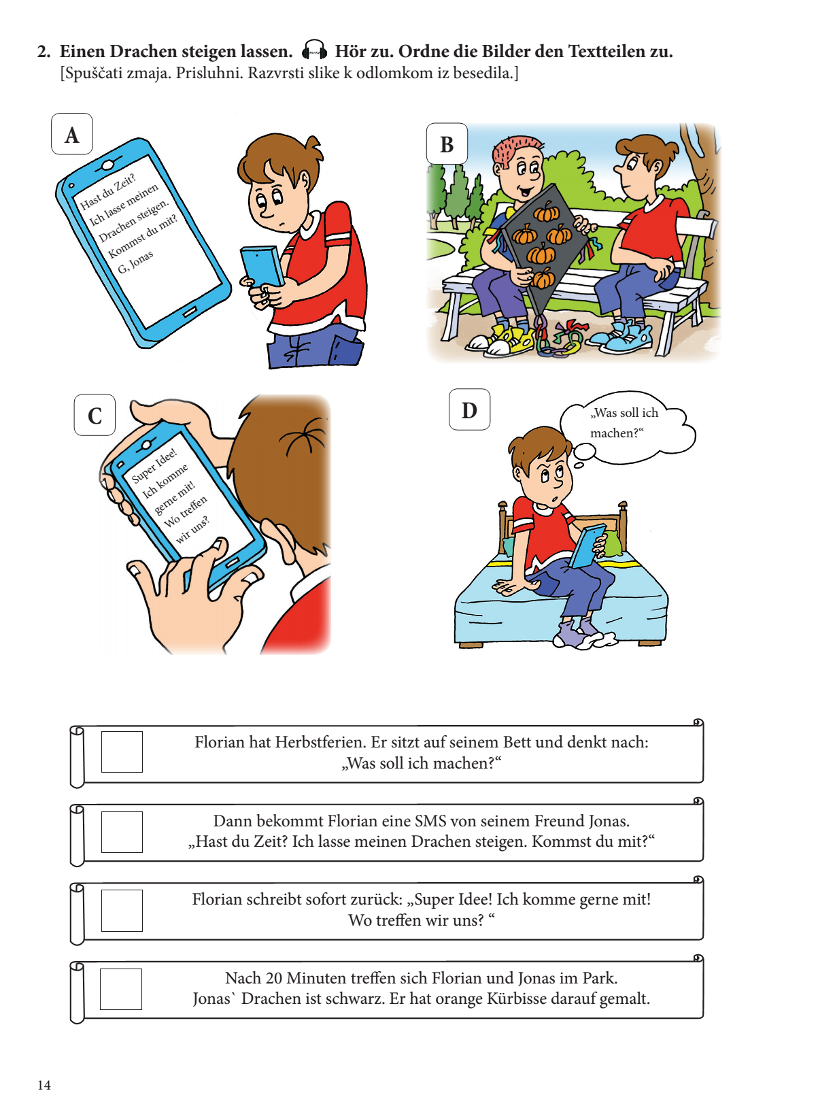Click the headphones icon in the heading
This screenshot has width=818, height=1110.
point(314,50)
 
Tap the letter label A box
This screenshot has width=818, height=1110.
point(72,134)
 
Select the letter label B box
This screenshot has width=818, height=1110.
point(447,144)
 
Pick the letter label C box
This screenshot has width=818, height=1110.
point(95,415)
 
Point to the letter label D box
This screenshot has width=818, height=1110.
point(469,409)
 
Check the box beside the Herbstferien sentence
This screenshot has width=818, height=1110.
point(122,752)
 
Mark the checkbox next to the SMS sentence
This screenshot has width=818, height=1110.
point(122,832)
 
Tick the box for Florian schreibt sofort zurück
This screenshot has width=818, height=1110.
point(122,910)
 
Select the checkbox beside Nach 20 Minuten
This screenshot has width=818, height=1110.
point(121,989)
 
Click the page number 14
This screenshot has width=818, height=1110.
point(44,1085)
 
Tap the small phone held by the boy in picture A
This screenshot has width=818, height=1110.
point(262,267)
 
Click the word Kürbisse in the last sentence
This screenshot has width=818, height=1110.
point(509,998)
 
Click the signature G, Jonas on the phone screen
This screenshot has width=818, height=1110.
point(135,262)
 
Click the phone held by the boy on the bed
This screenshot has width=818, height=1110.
point(588,545)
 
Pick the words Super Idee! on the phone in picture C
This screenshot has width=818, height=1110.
point(154,465)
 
